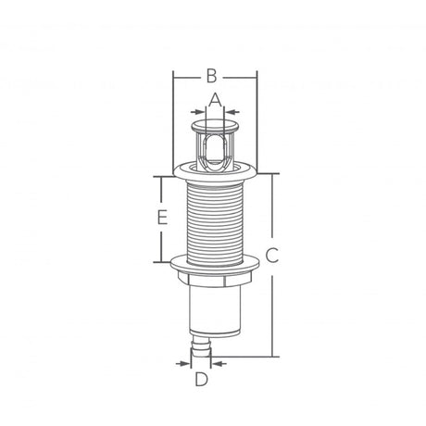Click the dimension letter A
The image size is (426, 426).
click(215, 100)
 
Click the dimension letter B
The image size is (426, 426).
click(211, 76)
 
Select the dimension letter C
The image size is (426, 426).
click(272, 256)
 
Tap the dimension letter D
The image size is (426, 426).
click(202, 379)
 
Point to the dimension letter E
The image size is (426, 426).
click(162, 217)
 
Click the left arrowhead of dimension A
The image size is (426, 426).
click(198, 111)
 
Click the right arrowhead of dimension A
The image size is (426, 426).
click(232, 111)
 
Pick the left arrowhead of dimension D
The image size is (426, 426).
click(183, 364)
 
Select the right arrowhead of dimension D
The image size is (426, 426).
click(218, 364)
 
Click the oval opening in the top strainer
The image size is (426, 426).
click(215, 148)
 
